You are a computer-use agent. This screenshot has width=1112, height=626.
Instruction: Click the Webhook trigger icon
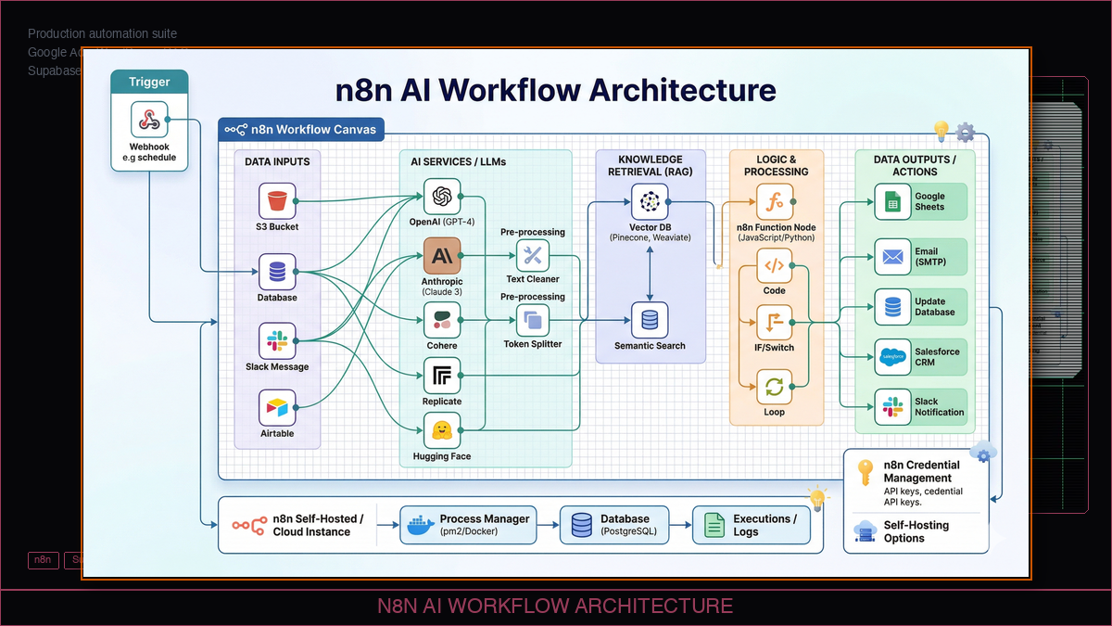click(149, 121)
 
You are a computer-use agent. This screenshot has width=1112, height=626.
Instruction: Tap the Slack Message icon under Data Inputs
click(277, 340)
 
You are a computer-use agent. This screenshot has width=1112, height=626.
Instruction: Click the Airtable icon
click(277, 407)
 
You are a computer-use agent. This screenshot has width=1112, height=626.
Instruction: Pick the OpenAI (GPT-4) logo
click(442, 196)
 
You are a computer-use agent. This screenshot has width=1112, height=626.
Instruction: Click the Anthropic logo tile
click(442, 255)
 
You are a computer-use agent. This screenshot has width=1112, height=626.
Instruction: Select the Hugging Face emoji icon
click(442, 430)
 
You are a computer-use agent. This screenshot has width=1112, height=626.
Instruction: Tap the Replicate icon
click(442, 377)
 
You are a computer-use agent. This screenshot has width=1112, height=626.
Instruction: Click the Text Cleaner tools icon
click(533, 255)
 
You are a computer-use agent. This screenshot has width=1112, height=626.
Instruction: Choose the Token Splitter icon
click(533, 320)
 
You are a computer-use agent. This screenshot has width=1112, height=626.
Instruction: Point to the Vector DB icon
click(649, 201)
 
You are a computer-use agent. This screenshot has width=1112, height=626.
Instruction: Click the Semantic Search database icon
click(649, 320)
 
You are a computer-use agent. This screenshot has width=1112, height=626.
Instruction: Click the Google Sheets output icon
click(893, 201)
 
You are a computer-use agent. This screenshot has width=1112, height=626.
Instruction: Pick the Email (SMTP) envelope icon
click(893, 257)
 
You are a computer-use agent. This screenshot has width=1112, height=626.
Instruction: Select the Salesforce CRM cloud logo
click(893, 357)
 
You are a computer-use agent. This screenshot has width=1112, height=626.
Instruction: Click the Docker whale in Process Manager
click(418, 526)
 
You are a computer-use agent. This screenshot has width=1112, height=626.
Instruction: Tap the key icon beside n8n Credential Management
click(865, 472)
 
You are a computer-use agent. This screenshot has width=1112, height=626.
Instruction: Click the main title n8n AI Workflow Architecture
click(555, 90)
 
